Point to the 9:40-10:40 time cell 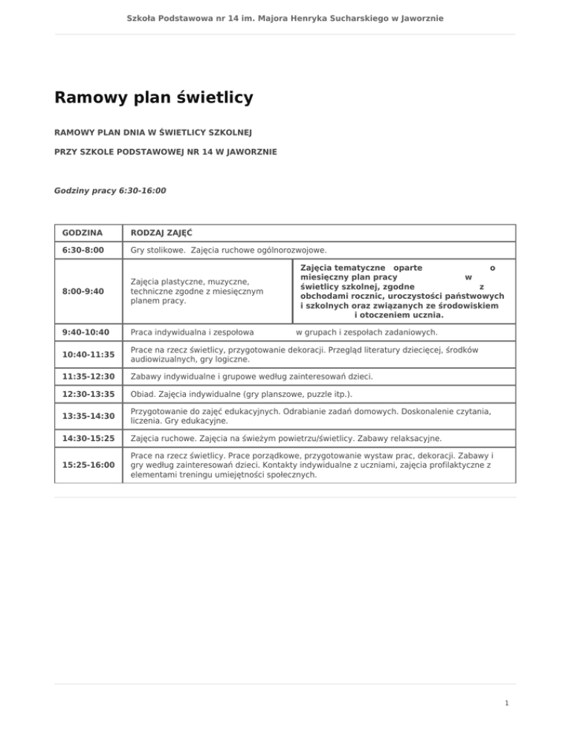pos(86,332)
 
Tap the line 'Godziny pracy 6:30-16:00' pos(110,190)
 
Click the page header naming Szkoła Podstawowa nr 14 pos(285,17)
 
